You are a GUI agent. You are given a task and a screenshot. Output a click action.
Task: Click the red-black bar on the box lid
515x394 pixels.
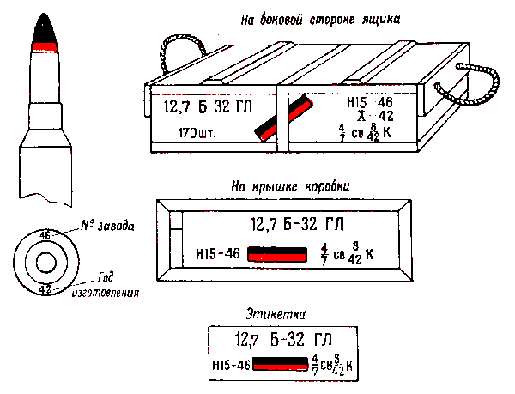[x=276, y=255]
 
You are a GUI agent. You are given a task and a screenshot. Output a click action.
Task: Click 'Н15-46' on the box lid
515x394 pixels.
[x=217, y=255]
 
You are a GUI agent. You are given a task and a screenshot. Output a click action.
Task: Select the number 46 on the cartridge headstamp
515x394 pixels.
[x=45, y=234]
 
